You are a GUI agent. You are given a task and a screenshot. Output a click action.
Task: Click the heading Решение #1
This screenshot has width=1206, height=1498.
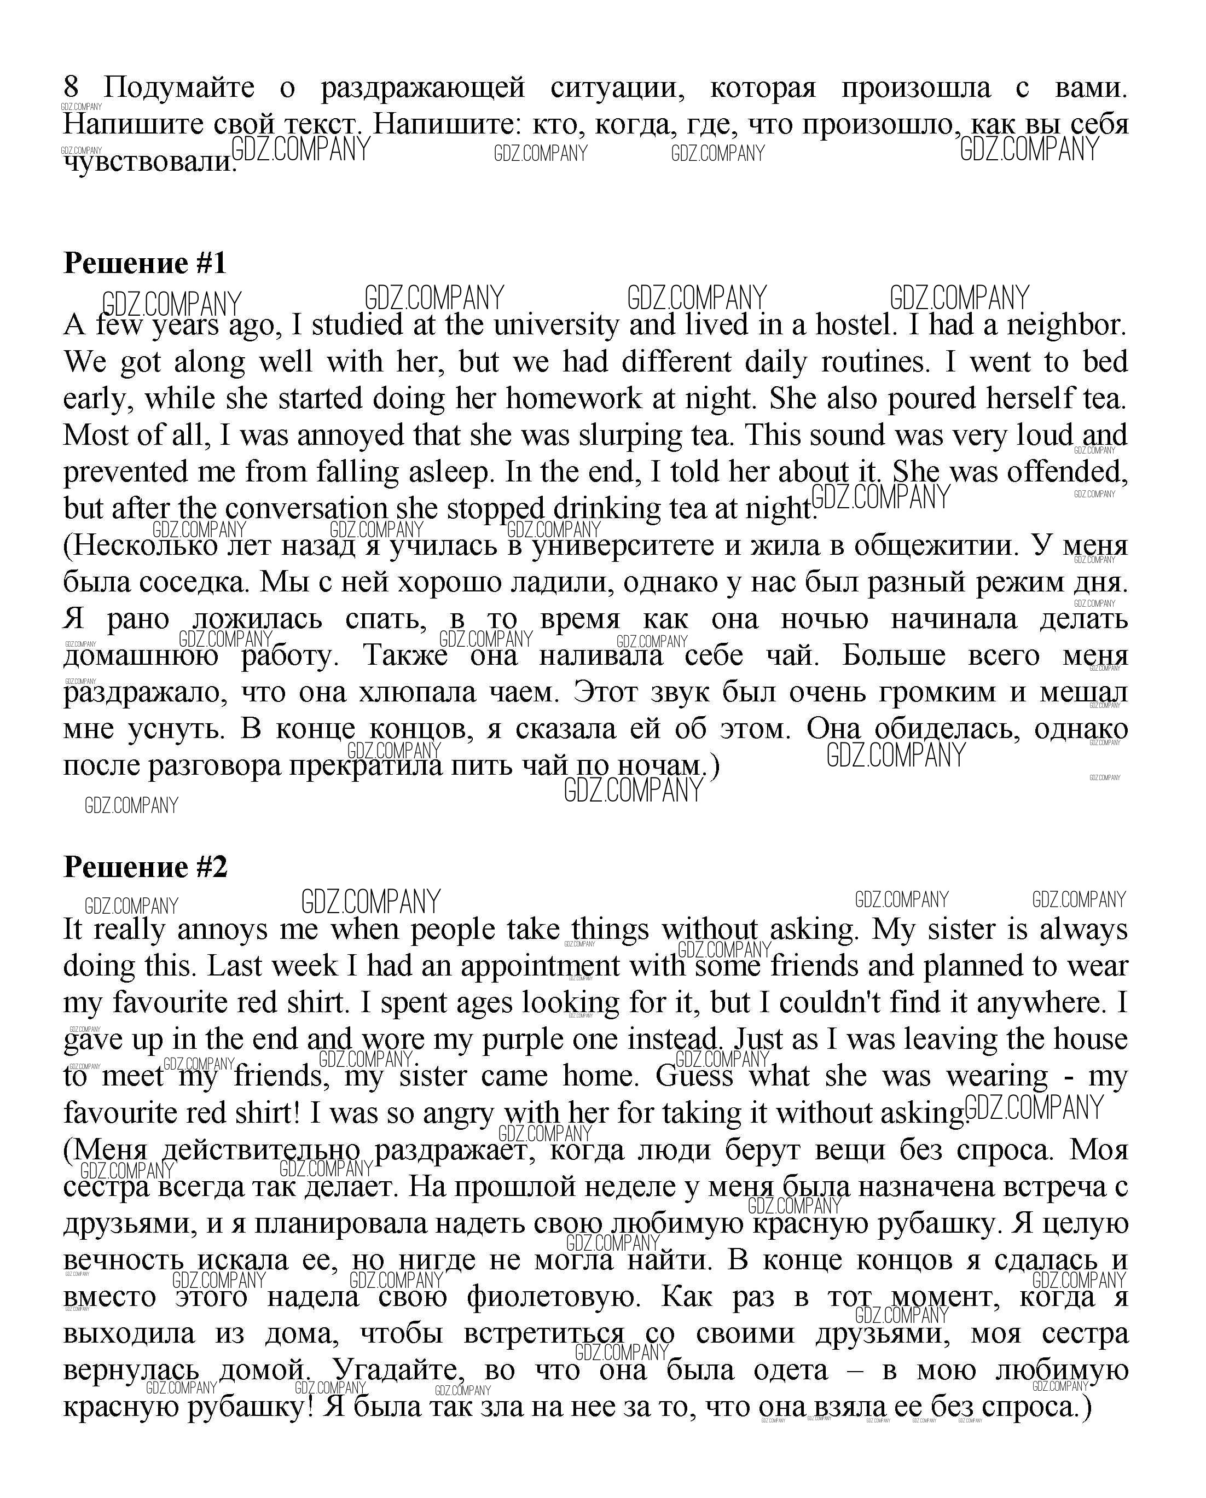[145, 263]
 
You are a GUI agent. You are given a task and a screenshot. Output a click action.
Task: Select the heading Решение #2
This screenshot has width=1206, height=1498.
[145, 867]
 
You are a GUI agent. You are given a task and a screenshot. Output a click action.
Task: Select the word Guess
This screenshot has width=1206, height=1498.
[694, 1076]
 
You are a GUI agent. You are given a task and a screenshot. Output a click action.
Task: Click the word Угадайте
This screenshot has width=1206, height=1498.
[397, 1370]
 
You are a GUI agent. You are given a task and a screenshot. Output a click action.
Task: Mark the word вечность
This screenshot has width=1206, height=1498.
[124, 1259]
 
